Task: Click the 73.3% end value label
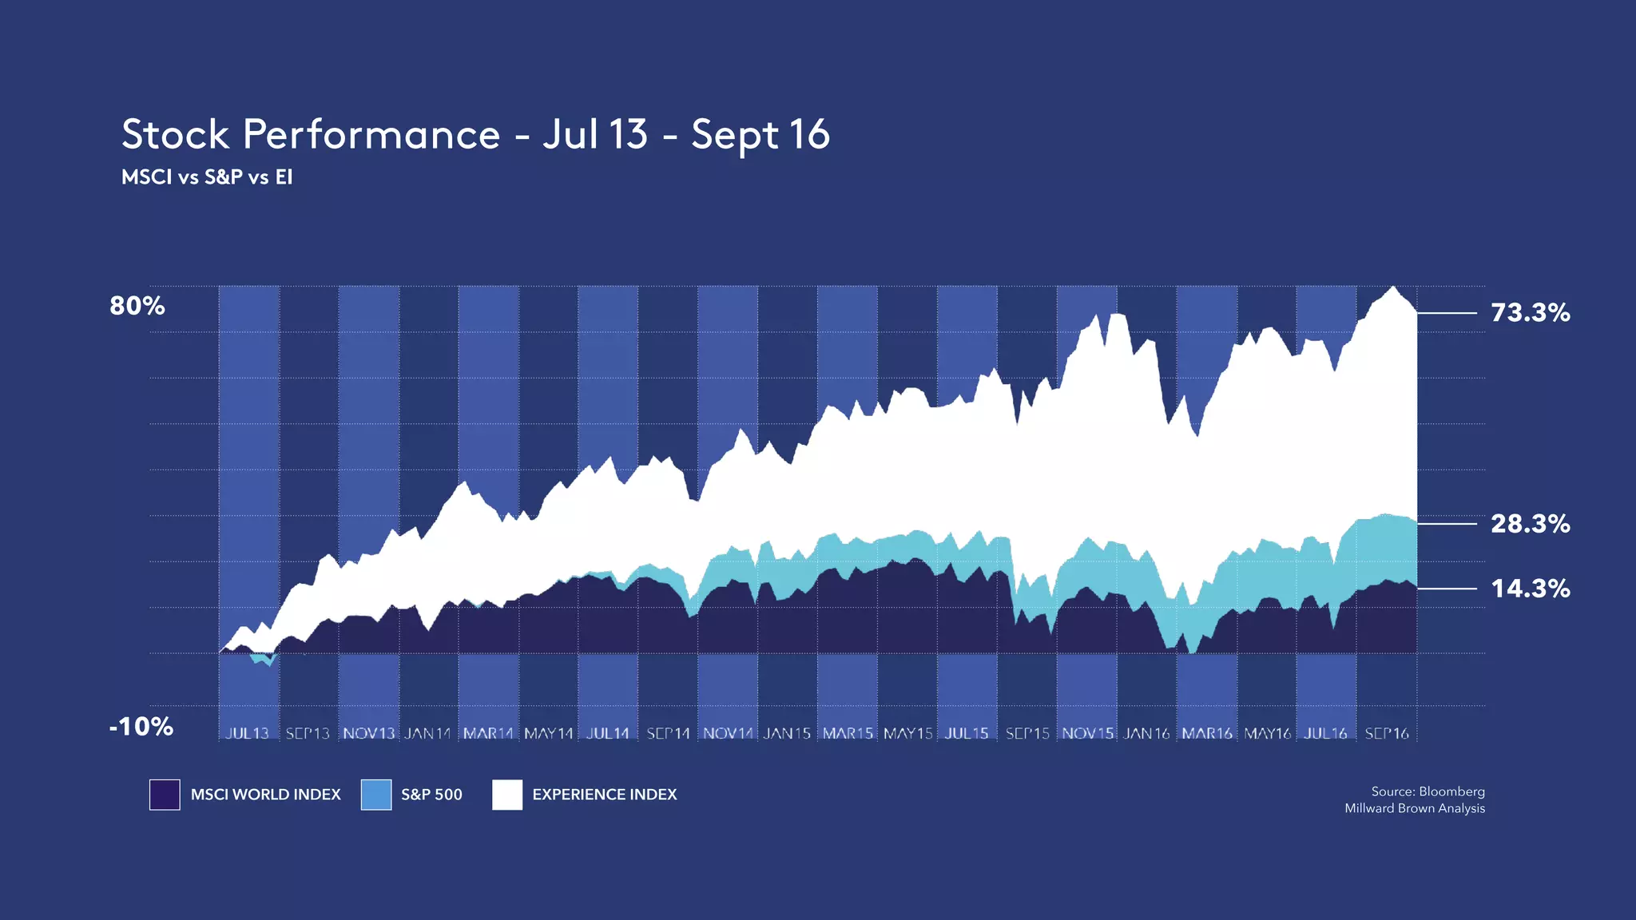[1530, 312]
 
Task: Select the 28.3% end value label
[1530, 524]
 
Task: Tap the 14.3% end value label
[1530, 589]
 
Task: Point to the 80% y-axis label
[137, 306]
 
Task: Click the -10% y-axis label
[141, 727]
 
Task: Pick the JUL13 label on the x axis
[248, 733]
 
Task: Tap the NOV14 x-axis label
[728, 733]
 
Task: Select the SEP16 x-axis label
[1387, 733]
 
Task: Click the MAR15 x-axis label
[848, 733]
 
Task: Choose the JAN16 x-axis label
[1146, 733]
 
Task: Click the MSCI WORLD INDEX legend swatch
[165, 795]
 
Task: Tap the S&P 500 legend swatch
[376, 795]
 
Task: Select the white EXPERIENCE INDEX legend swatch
[507, 795]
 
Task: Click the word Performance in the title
[371, 134]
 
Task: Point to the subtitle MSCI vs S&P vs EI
[207, 177]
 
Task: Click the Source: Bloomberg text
[1428, 791]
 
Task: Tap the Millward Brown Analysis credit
[1414, 808]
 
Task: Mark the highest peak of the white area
[1393, 288]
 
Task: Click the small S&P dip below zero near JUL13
[268, 660]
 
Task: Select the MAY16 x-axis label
[1267, 733]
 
